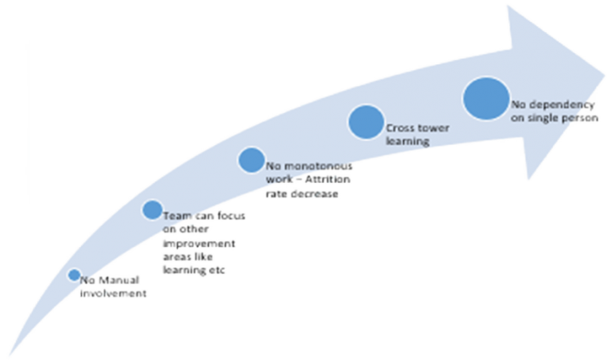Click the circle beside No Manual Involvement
74,275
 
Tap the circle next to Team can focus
152,209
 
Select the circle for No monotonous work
251,160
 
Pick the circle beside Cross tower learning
366,121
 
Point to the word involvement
114,294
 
